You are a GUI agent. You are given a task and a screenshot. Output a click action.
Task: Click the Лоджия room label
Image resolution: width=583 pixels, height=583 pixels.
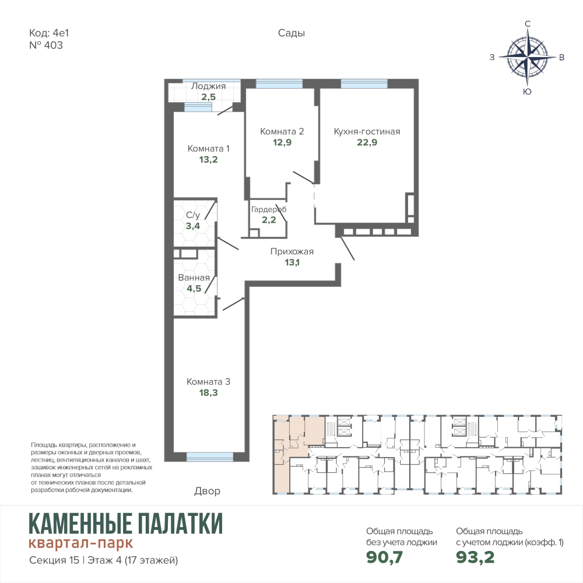click(x=208, y=86)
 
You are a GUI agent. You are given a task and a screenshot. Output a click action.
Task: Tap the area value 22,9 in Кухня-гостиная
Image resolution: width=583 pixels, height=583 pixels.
click(x=367, y=142)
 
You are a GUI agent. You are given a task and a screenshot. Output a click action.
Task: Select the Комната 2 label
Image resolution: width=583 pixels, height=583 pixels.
click(x=282, y=131)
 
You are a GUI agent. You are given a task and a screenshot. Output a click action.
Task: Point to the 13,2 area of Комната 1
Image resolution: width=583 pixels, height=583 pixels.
click(x=208, y=160)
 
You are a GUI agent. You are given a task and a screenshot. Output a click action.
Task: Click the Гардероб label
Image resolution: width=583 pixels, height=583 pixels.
click(x=269, y=209)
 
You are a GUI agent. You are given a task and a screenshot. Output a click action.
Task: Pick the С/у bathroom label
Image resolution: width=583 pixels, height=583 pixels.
click(x=193, y=215)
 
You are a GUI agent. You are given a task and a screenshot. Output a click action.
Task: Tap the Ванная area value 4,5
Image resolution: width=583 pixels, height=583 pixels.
click(x=194, y=289)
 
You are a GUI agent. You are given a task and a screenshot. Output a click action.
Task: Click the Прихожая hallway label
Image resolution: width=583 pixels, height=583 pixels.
click(x=292, y=251)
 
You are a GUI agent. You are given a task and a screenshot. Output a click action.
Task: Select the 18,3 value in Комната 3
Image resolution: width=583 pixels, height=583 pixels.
click(x=208, y=392)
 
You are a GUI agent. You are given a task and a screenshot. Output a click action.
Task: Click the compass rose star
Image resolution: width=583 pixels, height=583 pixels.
click(x=527, y=57)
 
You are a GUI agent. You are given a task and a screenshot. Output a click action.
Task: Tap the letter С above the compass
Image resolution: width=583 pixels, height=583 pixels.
click(x=527, y=24)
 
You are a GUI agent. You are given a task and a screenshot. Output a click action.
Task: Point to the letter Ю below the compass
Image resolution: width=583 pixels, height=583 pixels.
click(x=527, y=92)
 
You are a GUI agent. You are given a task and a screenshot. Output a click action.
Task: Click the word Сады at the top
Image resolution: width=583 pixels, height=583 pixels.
click(x=291, y=33)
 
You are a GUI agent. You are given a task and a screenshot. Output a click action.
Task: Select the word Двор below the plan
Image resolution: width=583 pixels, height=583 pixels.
click(x=207, y=491)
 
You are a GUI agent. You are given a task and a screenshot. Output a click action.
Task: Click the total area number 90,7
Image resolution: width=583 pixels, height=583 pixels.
click(x=384, y=557)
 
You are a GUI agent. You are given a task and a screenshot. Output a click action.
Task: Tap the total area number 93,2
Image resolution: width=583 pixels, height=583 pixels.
click(x=475, y=557)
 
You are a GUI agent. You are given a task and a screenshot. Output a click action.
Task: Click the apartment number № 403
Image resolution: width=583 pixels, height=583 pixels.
click(x=46, y=45)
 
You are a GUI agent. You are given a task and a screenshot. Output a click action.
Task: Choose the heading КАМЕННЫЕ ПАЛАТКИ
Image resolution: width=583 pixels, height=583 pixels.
click(x=126, y=523)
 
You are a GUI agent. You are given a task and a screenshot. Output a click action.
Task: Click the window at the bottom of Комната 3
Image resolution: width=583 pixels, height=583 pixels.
click(x=210, y=456)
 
